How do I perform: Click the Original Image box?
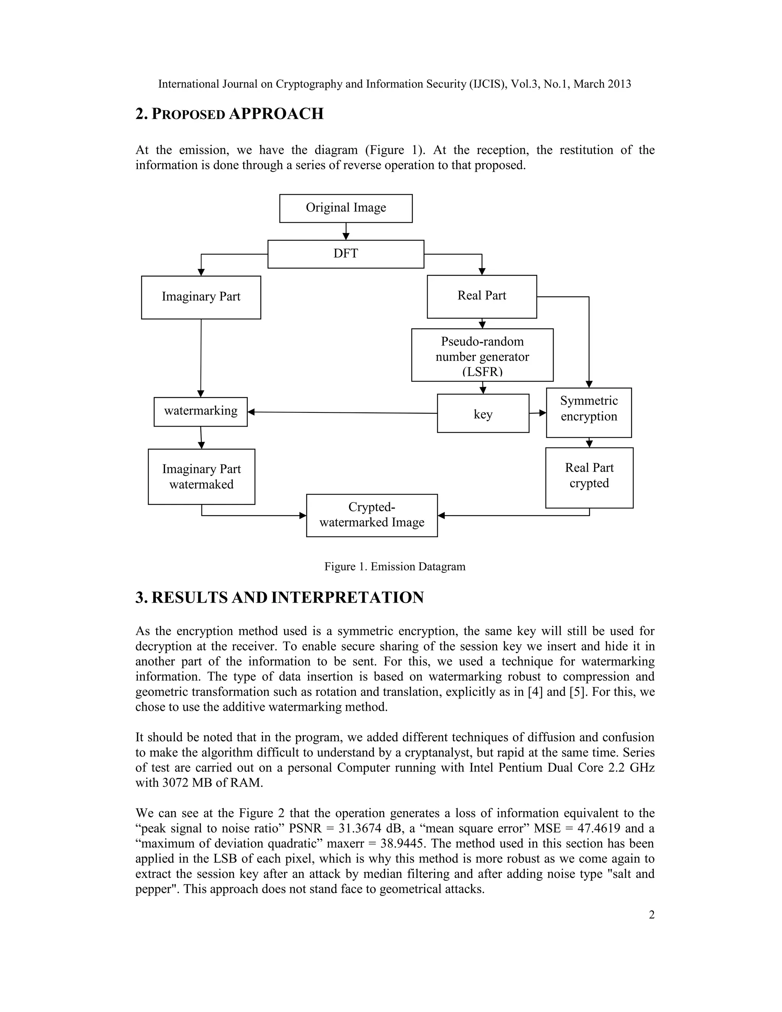[346, 208]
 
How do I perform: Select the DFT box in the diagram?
[346, 254]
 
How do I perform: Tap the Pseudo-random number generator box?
[482, 355]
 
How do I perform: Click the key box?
[483, 413]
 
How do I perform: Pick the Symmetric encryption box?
[588, 412]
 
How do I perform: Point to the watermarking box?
[200, 411]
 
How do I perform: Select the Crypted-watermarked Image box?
[372, 515]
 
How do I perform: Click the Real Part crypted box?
[589, 478]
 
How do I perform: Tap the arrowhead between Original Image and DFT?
[346, 236]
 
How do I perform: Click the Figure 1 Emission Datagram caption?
[395, 566]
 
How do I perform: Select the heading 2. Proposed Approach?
[229, 114]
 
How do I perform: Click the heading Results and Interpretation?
[280, 597]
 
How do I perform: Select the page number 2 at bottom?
[651, 915]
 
